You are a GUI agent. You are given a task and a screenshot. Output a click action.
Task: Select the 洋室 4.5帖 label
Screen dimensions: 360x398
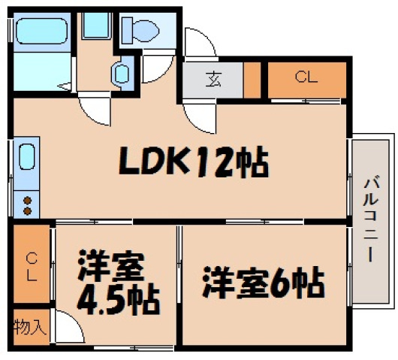(x=117, y=284)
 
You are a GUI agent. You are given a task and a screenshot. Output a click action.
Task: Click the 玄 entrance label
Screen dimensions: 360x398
(x=213, y=79)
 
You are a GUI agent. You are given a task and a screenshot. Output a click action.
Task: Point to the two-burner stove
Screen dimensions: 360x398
(x=27, y=205)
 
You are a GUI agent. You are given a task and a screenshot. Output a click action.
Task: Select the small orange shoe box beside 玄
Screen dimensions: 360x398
(x=252, y=79)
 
